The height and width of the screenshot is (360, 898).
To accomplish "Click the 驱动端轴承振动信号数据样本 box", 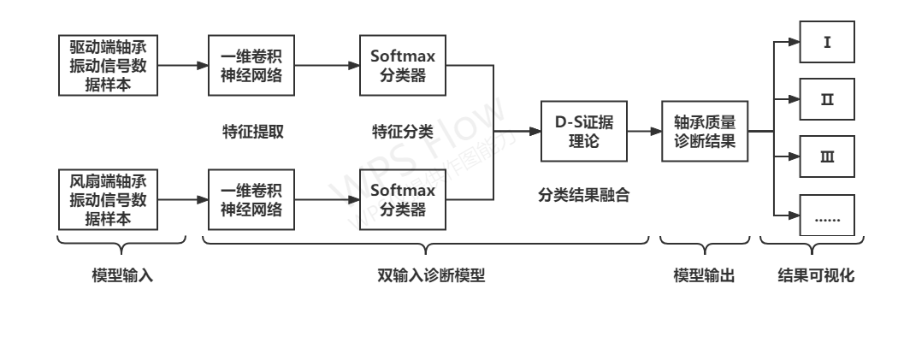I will click(x=109, y=65).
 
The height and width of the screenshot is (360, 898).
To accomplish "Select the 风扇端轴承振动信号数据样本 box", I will click(x=109, y=200).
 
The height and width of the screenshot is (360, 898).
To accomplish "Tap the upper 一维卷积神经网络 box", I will click(x=251, y=65).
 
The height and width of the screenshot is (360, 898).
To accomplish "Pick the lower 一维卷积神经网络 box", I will click(x=251, y=200).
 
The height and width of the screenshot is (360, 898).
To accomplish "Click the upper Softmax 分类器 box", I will click(x=403, y=65).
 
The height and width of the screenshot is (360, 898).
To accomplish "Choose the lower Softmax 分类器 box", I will click(x=403, y=200).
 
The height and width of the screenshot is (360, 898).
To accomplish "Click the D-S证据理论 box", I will click(x=583, y=132).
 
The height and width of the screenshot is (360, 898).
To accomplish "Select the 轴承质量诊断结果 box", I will click(x=704, y=132).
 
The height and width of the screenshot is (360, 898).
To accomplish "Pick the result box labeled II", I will click(x=827, y=99).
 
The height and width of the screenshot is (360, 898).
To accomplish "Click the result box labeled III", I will click(x=827, y=157).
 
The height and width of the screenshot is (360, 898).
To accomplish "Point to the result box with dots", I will click(x=827, y=215).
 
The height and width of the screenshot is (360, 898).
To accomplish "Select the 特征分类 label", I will click(x=403, y=132).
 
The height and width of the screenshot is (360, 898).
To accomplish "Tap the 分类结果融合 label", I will click(x=583, y=195).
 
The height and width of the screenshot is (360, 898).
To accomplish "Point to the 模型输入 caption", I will click(x=122, y=277).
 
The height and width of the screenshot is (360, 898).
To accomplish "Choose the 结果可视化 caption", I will click(x=816, y=277).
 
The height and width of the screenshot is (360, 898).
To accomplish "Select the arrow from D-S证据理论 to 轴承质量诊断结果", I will click(x=643, y=132).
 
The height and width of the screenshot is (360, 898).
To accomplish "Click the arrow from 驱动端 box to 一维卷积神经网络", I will click(x=183, y=65).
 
